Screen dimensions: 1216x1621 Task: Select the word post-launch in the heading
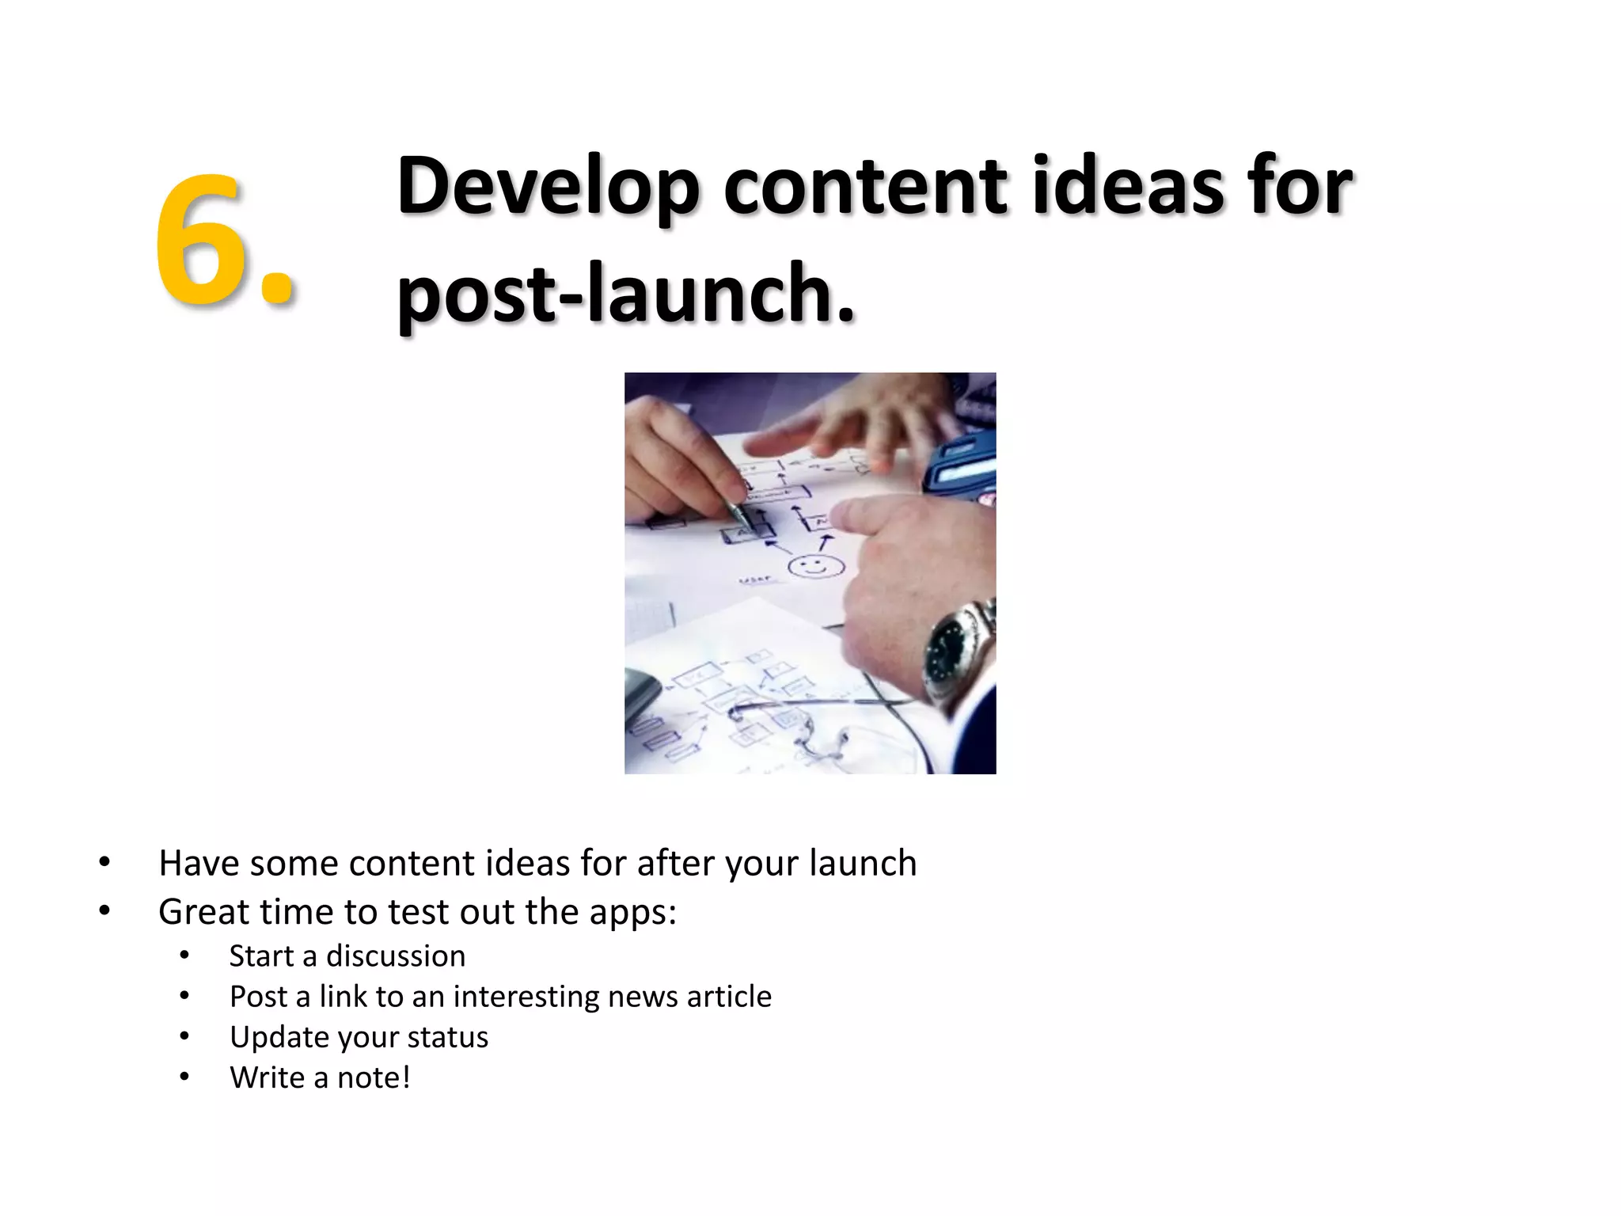pyautogui.click(x=625, y=294)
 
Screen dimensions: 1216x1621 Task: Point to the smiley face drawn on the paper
pyautogui.click(x=815, y=567)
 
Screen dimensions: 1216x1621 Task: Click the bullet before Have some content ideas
pyautogui.click(x=104, y=862)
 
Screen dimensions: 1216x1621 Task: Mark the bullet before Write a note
pyautogui.click(x=184, y=1077)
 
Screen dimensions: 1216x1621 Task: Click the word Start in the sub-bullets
pyautogui.click(x=261, y=956)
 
